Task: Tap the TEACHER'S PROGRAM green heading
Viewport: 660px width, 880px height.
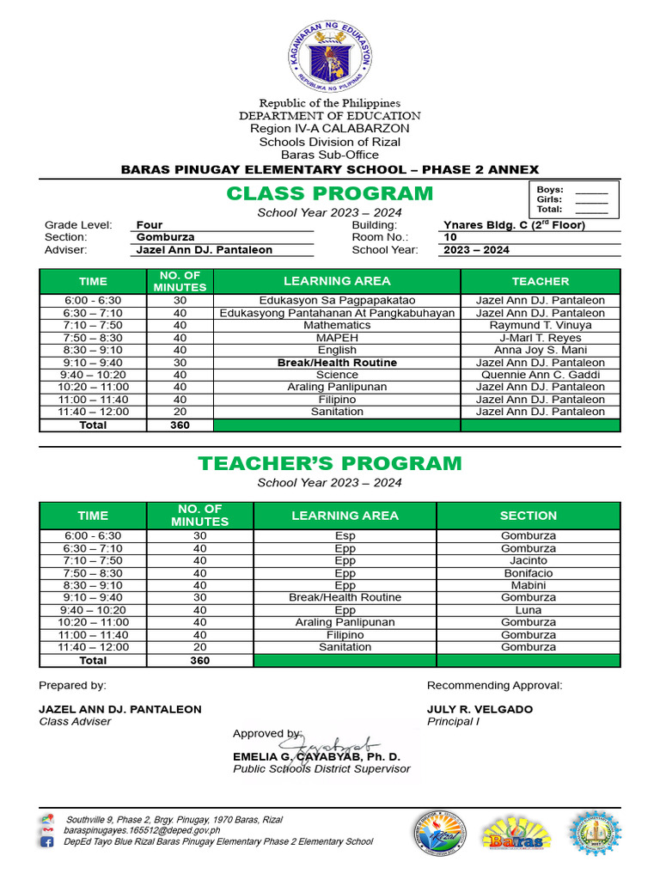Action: [x=330, y=464]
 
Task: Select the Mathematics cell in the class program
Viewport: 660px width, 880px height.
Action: [x=337, y=326]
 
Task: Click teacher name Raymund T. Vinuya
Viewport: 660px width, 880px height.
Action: [x=540, y=326]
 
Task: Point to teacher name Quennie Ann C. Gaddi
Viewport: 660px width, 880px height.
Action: [x=540, y=375]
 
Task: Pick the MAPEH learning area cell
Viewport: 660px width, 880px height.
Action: [x=337, y=338]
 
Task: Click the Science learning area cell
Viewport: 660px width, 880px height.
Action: [x=337, y=375]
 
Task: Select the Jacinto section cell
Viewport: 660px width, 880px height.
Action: [x=528, y=560]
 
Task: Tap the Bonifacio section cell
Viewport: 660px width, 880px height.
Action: [x=528, y=573]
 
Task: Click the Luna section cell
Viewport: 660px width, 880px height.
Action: [x=528, y=610]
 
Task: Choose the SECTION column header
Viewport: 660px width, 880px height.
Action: [x=528, y=516]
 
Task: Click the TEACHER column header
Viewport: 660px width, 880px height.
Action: [x=540, y=281]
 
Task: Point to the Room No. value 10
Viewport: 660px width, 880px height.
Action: [x=450, y=237]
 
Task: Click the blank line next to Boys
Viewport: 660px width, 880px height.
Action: [x=591, y=191]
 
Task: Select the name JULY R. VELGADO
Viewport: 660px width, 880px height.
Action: [x=480, y=710]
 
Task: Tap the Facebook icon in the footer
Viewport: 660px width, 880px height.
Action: [x=47, y=842]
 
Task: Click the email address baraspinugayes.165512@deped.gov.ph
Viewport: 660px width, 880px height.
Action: [x=143, y=831]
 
